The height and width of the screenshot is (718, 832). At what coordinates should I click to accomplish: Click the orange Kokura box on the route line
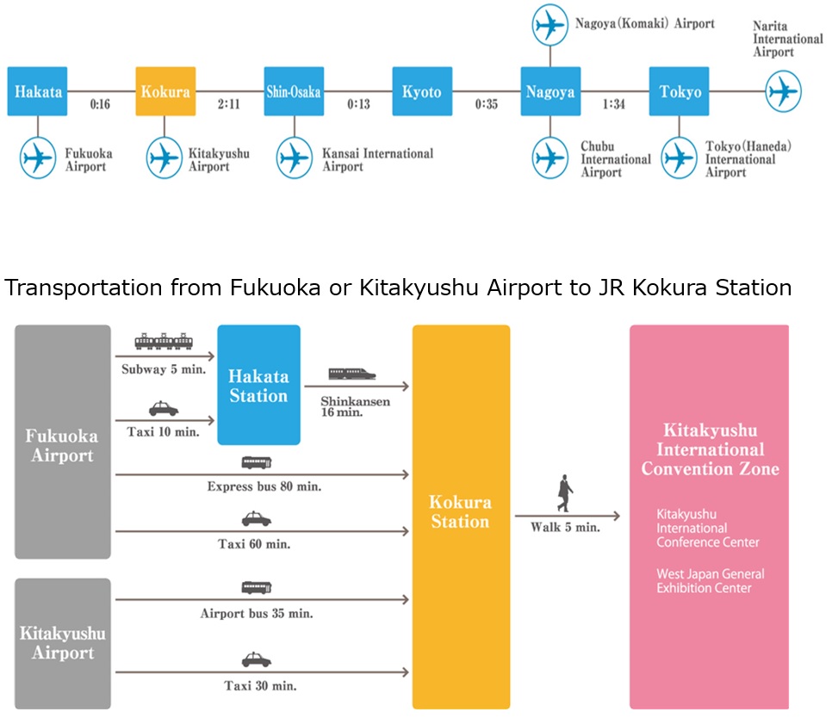click(x=165, y=91)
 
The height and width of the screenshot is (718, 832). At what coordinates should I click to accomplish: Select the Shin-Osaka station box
click(x=294, y=91)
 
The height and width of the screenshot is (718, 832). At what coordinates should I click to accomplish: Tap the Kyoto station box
click(x=422, y=91)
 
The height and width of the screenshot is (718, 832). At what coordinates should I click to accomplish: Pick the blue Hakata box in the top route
click(x=37, y=91)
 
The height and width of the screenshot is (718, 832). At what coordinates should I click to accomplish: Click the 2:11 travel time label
click(x=229, y=104)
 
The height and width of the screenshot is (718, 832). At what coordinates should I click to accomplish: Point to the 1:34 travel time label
click(x=614, y=104)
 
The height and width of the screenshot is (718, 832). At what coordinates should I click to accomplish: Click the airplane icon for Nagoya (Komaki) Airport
click(x=550, y=25)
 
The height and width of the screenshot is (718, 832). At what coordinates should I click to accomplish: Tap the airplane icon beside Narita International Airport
click(x=784, y=91)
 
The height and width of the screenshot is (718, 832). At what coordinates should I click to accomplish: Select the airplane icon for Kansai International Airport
click(x=295, y=158)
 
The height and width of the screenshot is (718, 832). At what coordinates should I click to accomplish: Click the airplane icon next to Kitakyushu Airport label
click(x=165, y=158)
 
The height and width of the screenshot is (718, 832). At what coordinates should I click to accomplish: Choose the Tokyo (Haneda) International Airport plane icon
click(x=680, y=158)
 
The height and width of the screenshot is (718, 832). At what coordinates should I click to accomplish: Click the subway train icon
click(x=164, y=342)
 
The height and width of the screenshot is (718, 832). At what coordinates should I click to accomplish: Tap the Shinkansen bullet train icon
click(x=352, y=374)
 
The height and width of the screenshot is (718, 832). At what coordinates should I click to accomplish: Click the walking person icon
click(x=565, y=493)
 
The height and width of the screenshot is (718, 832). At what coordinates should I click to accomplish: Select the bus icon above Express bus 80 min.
click(x=257, y=463)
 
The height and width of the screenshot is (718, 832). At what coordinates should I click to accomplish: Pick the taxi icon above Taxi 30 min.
click(x=257, y=659)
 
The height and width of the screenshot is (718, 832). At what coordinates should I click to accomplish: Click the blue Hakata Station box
click(x=259, y=385)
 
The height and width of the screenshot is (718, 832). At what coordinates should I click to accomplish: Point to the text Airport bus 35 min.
click(x=257, y=614)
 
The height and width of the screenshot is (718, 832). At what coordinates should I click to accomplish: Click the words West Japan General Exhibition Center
click(x=711, y=580)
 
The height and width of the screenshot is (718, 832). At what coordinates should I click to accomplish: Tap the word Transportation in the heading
click(x=84, y=288)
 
